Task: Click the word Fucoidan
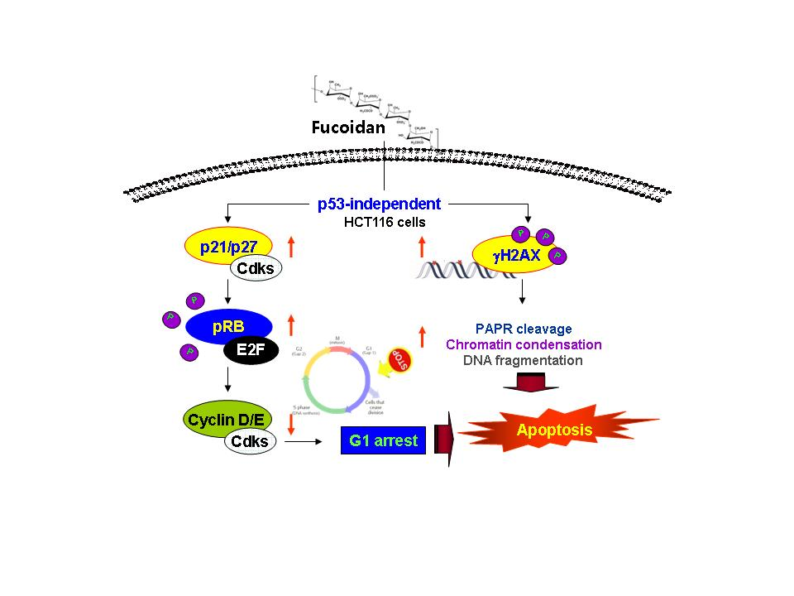pyautogui.click(x=348, y=128)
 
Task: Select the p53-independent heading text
pyautogui.click(x=379, y=204)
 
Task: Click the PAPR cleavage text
pyautogui.click(x=524, y=329)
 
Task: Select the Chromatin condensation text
pyautogui.click(x=524, y=344)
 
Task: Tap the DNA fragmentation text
pyautogui.click(x=524, y=360)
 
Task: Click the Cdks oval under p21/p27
pyautogui.click(x=256, y=267)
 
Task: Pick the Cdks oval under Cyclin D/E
pyautogui.click(x=250, y=441)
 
